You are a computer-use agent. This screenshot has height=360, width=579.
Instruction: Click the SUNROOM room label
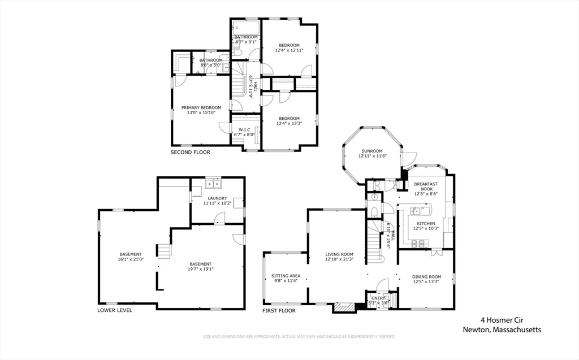pos(372,151)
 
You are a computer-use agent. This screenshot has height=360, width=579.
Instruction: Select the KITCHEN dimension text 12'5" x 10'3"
pos(425,229)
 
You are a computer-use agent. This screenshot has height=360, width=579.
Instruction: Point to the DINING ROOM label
pos(426,276)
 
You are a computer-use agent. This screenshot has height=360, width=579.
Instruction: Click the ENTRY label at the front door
pos(378,298)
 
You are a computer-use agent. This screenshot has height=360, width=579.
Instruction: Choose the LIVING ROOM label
pos(339,254)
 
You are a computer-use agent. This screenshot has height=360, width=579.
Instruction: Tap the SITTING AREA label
pos(286,276)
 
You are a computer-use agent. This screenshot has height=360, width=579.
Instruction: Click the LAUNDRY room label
pos(217,198)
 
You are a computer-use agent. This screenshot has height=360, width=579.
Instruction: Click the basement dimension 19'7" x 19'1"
pos(200,269)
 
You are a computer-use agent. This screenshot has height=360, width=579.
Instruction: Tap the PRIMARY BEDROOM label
pos(201,107)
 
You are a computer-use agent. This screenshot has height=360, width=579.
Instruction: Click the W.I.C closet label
pos(244,129)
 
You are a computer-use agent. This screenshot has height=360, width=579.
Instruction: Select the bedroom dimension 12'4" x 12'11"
pos(289,50)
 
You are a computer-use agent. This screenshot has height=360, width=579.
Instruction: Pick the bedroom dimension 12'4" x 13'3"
pos(289,123)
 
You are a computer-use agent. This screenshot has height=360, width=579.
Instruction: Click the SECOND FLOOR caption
pos(190,153)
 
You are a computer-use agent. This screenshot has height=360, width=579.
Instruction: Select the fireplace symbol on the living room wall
pos(342,307)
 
